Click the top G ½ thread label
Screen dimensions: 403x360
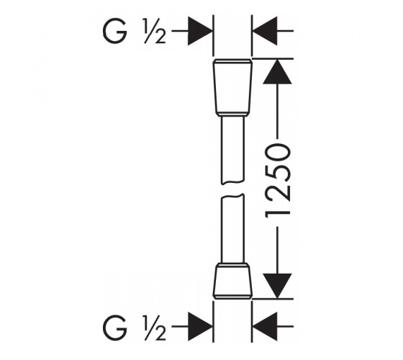pos(134,31)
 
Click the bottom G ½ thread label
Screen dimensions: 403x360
pos(134,327)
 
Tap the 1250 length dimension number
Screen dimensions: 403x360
pos(278,181)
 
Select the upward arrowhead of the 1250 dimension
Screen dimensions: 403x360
pos(277,72)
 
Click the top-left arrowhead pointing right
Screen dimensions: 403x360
pos(200,31)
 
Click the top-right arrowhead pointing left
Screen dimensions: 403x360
pos(265,31)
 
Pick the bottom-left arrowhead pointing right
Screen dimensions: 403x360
pos(200,327)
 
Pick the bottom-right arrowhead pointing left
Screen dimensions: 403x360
pos(265,327)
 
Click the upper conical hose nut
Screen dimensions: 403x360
pos(232,87)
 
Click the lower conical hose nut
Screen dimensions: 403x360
pos(232,281)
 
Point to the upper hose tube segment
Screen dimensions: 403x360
pos(232,150)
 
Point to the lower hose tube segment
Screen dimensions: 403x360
pos(232,229)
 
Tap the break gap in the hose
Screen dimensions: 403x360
pos(232,190)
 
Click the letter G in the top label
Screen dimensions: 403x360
pos(115,31)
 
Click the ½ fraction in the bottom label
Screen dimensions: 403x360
pos(154,327)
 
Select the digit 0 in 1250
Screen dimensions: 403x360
pos(278,155)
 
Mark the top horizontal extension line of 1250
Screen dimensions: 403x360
pos(273,59)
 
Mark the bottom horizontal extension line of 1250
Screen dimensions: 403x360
pos(273,299)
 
